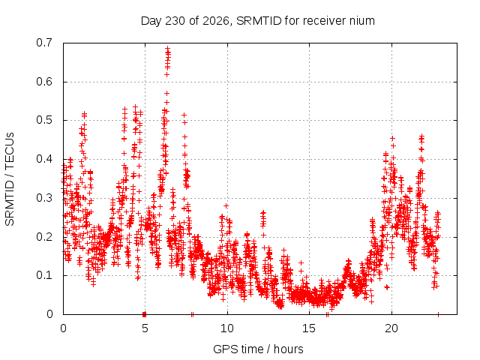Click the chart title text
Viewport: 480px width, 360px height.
click(258, 21)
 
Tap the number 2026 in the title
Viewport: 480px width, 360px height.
click(216, 21)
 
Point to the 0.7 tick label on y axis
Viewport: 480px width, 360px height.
click(44, 43)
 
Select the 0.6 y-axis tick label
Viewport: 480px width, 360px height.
click(44, 82)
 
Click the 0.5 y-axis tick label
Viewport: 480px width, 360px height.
click(44, 120)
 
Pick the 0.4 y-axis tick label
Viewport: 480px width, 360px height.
click(44, 159)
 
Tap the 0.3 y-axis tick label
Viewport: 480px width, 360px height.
click(44, 198)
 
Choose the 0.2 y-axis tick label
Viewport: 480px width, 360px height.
click(44, 237)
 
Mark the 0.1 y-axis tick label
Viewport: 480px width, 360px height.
click(44, 275)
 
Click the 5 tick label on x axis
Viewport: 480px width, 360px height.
click(145, 328)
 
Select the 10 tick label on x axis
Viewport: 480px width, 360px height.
click(227, 328)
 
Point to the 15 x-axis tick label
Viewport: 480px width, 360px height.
click(309, 328)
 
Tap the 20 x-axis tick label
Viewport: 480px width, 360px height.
click(391, 328)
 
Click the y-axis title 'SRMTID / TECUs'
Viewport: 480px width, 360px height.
click(10, 179)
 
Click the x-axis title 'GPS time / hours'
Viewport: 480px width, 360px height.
click(258, 349)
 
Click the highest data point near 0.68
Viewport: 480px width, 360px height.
click(167, 48)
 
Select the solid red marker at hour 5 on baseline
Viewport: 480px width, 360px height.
click(145, 314)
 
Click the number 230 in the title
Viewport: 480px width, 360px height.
click(175, 21)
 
